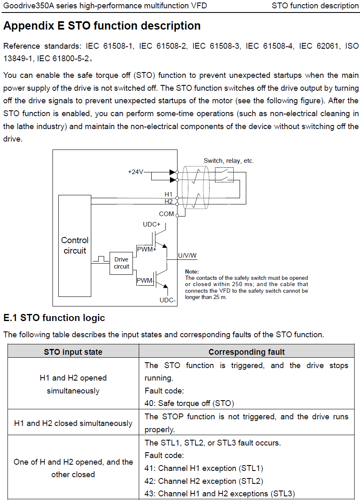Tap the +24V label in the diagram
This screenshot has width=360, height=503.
[135, 172]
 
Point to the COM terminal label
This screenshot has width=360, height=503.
[166, 214]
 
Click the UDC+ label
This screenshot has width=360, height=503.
[152, 224]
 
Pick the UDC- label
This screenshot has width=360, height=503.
[167, 300]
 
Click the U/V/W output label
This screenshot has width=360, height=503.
[187, 256]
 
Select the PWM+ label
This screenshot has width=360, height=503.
[147, 249]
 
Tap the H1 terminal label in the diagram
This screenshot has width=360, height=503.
[168, 194]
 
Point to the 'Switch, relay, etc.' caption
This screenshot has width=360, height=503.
[229, 161]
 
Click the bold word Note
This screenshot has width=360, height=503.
[192, 271]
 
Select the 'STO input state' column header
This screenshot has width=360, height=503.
[73, 352]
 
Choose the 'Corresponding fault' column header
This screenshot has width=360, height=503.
[247, 352]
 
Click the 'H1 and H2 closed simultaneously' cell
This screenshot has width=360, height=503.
[73, 423]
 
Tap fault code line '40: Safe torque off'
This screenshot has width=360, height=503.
[189, 403]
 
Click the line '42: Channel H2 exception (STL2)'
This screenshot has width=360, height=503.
[204, 481]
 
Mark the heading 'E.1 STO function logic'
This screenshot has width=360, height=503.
[54, 318]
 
